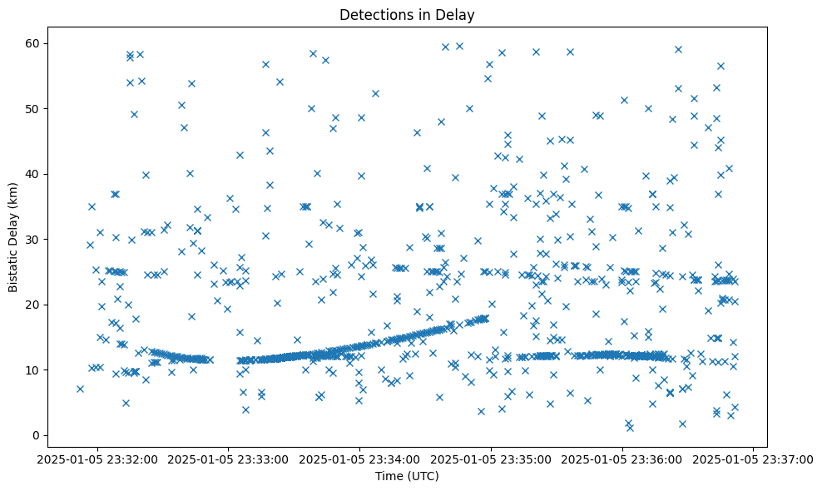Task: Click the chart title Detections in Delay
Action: click(x=407, y=14)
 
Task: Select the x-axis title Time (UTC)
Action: click(x=407, y=477)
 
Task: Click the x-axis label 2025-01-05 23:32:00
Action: click(x=98, y=459)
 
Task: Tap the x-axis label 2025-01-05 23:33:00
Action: click(x=229, y=459)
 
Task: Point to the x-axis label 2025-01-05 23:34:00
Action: click(x=360, y=459)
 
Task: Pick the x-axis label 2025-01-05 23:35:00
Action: click(x=491, y=459)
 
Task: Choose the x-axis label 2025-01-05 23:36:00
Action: click(x=622, y=459)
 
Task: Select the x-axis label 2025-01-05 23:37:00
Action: click(x=753, y=459)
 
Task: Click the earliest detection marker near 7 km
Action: click(x=80, y=389)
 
